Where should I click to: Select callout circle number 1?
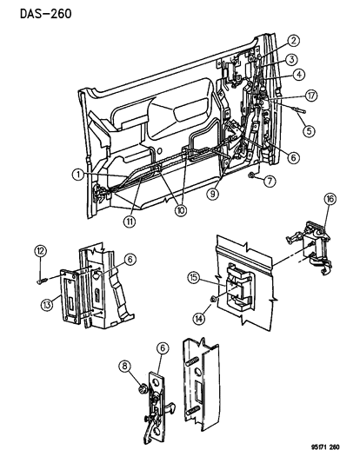click(x=78, y=174)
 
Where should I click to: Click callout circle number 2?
click(x=294, y=40)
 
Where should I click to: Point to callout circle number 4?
click(x=298, y=75)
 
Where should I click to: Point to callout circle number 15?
click(x=194, y=278)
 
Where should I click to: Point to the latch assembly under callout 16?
click(x=307, y=253)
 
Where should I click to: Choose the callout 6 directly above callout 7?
click(x=295, y=157)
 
